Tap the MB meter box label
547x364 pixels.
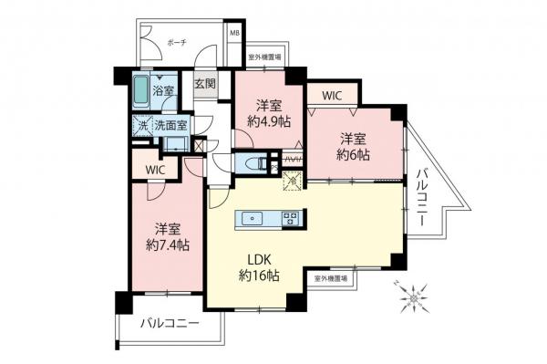pos(235,35)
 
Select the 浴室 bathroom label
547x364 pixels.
pos(163,91)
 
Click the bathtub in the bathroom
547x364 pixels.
pos(140,92)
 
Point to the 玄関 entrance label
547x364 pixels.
pos(205,85)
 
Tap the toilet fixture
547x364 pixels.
pos(249,164)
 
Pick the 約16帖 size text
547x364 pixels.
pos(259,276)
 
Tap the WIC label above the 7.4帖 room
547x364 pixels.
pos(153,170)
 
